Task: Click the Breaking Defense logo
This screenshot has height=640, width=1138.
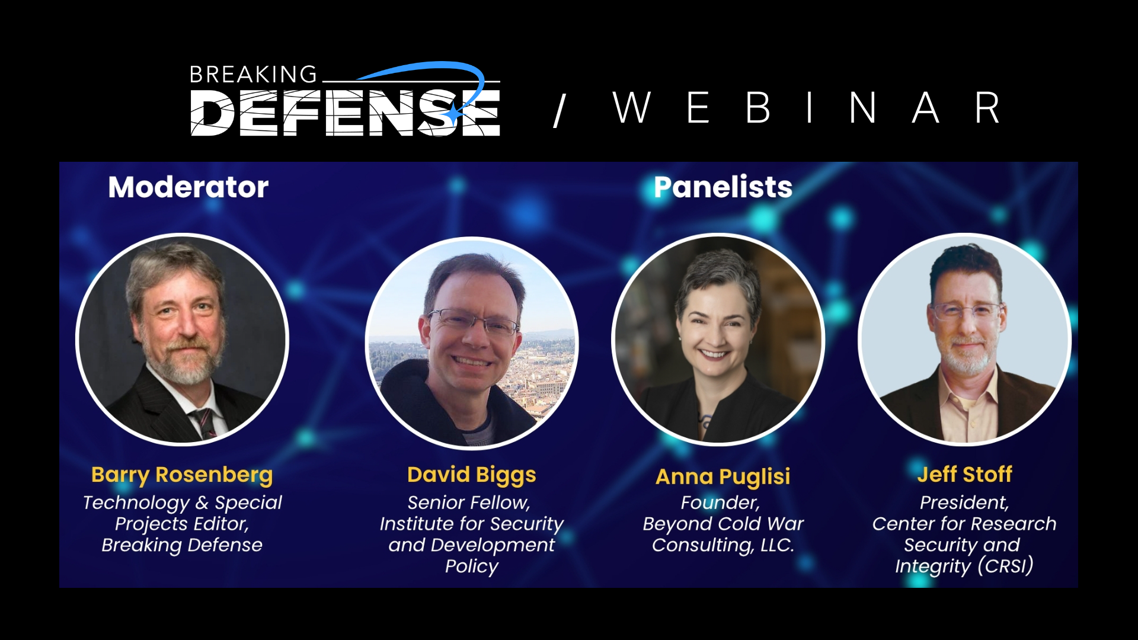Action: [x=345, y=100]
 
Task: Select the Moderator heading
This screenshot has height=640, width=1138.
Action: [x=188, y=187]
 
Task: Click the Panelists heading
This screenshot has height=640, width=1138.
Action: [x=723, y=187]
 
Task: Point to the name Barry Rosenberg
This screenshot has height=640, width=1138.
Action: [x=182, y=475]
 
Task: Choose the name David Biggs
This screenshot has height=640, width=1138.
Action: [x=472, y=475]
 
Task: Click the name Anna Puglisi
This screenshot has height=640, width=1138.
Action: [x=723, y=476]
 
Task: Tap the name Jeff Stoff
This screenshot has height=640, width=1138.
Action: [x=965, y=474]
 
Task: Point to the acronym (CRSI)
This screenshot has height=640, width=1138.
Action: [x=1005, y=565]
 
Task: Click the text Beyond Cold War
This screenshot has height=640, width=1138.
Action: [x=723, y=524]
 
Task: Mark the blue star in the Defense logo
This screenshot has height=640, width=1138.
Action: [x=453, y=112]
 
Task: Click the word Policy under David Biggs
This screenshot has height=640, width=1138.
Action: [x=472, y=567]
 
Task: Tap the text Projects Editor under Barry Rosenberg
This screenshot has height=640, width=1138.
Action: [x=182, y=524]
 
